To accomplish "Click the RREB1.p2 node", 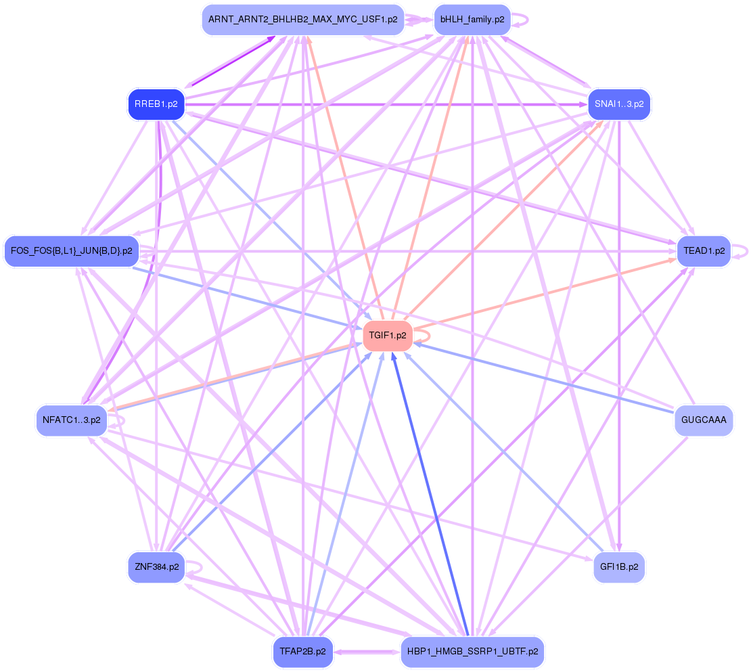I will [x=156, y=104].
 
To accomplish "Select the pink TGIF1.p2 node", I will [x=388, y=335].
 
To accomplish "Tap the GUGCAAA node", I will [x=704, y=420].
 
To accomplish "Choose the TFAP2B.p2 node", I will [x=302, y=652].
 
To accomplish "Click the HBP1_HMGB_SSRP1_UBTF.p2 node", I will [x=472, y=652].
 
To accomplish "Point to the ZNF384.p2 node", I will [x=156, y=567].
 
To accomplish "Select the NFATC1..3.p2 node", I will [x=71, y=420].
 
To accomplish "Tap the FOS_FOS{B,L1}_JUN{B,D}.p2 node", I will [x=71, y=251].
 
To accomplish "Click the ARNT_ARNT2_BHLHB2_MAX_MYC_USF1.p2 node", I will [x=302, y=20].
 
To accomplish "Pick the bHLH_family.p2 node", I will [x=472, y=20].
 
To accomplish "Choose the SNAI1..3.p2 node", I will [x=618, y=104].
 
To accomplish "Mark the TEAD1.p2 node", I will [x=704, y=251].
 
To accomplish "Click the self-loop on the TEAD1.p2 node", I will [x=744, y=251].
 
